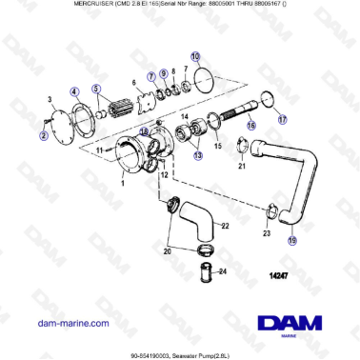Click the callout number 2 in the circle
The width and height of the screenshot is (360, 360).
tap(44, 136)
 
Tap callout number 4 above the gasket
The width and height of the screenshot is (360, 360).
tap(75, 92)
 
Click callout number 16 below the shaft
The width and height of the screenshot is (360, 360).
tap(251, 125)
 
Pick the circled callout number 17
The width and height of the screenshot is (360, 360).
tap(281, 120)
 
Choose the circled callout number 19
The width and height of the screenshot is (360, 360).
tap(292, 241)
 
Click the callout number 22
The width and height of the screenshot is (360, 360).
tap(224, 226)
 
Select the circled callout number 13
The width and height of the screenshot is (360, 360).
tap(197, 154)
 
